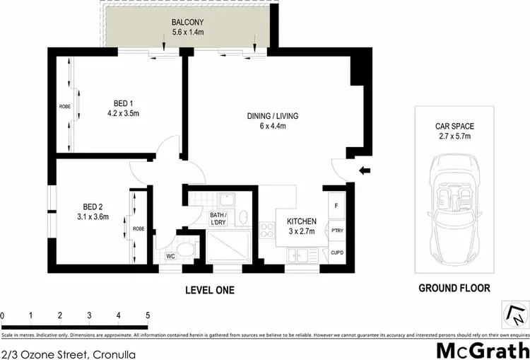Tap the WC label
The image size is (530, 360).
(170, 257)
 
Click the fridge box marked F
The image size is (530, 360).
(336, 206)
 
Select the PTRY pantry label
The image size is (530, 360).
(336, 230)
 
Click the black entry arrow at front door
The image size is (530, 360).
(364, 170)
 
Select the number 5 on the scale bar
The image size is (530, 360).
(148, 315)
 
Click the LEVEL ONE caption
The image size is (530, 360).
(209, 290)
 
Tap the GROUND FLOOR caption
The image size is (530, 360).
(454, 289)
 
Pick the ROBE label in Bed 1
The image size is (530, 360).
(64, 107)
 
